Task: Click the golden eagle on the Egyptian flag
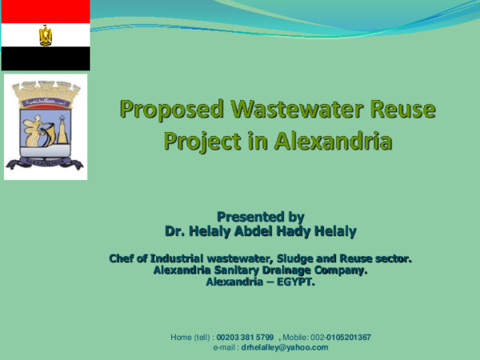click(45, 35)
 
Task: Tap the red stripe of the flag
click(45, 11)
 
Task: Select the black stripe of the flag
click(45, 58)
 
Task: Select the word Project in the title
click(205, 142)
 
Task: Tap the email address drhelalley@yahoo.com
click(285, 347)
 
